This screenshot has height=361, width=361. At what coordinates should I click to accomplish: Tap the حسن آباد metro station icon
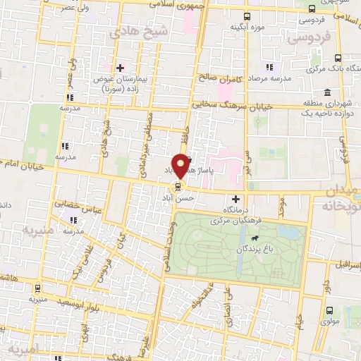177,187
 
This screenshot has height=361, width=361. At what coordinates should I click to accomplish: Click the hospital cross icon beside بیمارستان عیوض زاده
120,68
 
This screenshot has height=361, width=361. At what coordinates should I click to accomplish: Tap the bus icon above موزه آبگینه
246,16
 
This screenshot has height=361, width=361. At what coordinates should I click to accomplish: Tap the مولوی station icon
329,310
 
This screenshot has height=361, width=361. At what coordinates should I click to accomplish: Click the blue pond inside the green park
289,231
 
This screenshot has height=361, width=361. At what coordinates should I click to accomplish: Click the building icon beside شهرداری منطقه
328,92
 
